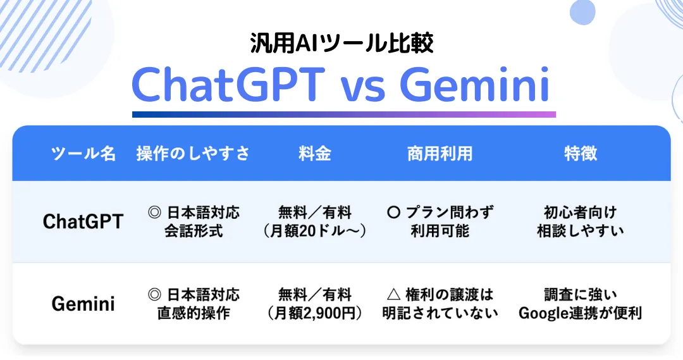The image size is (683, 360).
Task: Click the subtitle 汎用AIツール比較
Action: (x=341, y=44)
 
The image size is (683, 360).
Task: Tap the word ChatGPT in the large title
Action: (x=228, y=84)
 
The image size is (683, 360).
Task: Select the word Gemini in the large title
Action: (x=474, y=84)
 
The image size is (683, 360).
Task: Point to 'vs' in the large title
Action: (x=362, y=89)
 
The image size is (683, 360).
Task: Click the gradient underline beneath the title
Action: (x=344, y=115)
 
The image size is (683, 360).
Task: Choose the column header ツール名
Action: (x=83, y=154)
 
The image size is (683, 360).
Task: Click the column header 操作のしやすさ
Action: (x=194, y=154)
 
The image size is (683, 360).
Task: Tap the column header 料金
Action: (x=315, y=154)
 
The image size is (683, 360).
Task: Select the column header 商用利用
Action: (x=440, y=154)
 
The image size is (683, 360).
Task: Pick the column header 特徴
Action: (x=581, y=154)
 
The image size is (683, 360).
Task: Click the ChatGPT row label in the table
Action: (x=83, y=221)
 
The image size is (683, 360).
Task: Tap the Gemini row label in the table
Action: (x=83, y=304)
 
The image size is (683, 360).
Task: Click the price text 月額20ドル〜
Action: (x=316, y=231)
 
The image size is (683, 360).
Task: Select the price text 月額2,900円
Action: (x=316, y=313)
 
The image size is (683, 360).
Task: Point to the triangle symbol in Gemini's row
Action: (x=393, y=295)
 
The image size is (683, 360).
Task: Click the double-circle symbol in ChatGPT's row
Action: (x=154, y=213)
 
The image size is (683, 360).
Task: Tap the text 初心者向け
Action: (x=581, y=213)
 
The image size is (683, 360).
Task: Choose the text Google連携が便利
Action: (x=581, y=313)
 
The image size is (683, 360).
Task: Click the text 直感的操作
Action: (x=194, y=313)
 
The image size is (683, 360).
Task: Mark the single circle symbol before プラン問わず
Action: (x=393, y=213)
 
